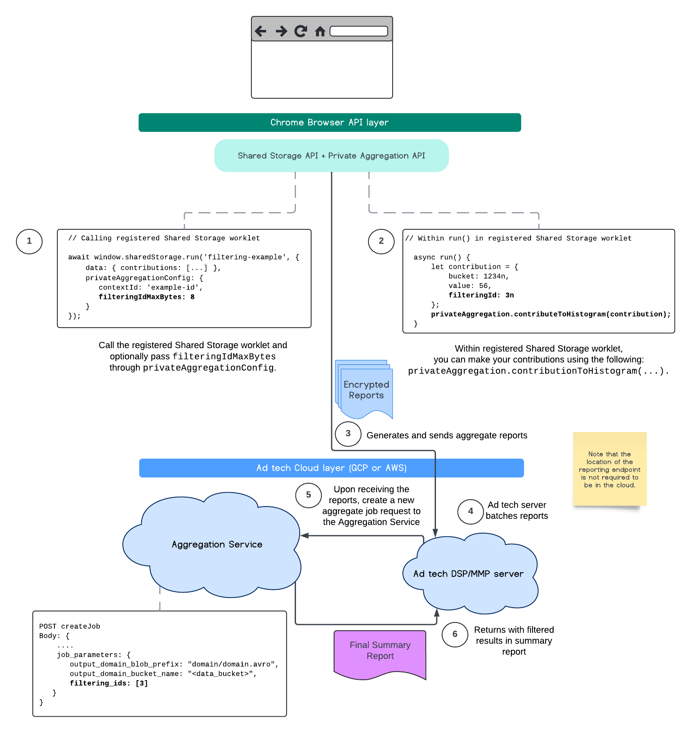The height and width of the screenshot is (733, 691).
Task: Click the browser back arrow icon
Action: coord(260,31)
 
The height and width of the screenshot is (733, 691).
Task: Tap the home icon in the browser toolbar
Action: coord(320,31)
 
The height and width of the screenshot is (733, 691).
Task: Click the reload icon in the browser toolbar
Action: coord(301,31)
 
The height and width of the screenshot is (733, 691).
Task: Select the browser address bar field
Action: coord(359,31)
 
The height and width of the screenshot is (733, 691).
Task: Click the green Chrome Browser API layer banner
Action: coord(330,122)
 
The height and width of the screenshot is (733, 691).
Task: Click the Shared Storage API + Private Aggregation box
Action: coord(331,156)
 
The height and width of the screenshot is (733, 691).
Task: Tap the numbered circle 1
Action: coord(29,241)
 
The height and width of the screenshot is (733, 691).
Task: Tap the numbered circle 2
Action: coord(381,241)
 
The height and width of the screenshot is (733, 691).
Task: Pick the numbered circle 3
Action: coord(348,434)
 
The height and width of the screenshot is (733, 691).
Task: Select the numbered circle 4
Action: coord(470,511)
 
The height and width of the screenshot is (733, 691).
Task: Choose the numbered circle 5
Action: coord(308,495)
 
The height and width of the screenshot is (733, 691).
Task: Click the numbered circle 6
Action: coord(455,634)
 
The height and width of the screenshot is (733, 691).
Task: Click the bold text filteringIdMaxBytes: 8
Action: coord(147,297)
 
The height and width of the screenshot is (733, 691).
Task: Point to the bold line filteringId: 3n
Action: coord(481,295)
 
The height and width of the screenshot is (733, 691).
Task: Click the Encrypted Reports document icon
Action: coord(366,390)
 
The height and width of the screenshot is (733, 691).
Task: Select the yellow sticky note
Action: coord(610,469)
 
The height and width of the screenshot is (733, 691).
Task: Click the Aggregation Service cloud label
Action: coord(217,545)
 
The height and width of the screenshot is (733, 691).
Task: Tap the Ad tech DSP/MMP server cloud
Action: coord(468,574)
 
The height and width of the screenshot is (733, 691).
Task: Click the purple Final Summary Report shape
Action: coord(380,651)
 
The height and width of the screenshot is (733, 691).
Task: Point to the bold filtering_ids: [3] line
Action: coord(108,683)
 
